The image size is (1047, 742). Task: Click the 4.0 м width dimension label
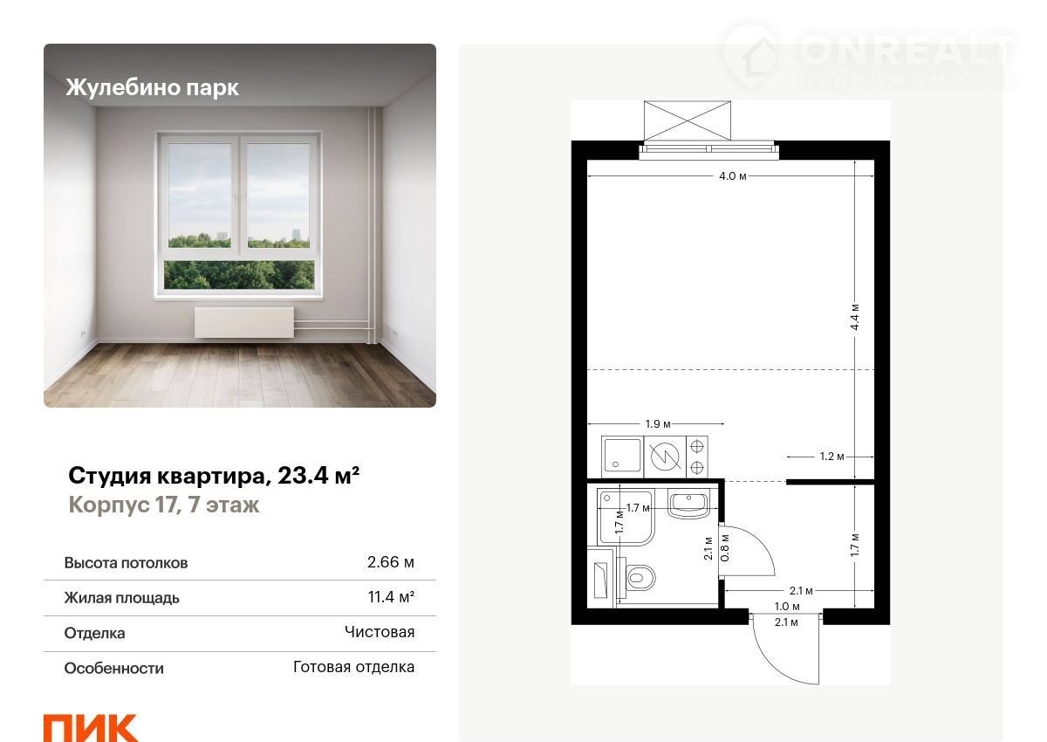(x=732, y=176)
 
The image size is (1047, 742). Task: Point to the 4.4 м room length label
(x=855, y=317)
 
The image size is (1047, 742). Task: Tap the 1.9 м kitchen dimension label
(x=658, y=424)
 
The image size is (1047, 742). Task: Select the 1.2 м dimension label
(x=832, y=457)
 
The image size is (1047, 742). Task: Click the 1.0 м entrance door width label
(x=787, y=607)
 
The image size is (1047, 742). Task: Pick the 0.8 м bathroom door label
(x=725, y=547)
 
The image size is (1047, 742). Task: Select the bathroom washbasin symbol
(x=689, y=504)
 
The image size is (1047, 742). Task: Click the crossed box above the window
(x=688, y=120)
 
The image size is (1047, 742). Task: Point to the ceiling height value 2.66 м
(x=390, y=562)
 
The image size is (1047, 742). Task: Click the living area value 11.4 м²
(x=391, y=597)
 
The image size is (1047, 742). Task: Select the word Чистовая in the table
(x=380, y=632)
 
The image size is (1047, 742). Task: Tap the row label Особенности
(x=114, y=668)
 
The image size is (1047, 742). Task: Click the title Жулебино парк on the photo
(x=153, y=87)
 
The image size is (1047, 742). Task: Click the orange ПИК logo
(x=90, y=728)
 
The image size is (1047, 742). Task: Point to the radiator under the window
(x=244, y=322)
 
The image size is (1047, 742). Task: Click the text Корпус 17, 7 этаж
(x=164, y=505)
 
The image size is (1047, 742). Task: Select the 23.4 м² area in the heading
(x=318, y=476)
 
